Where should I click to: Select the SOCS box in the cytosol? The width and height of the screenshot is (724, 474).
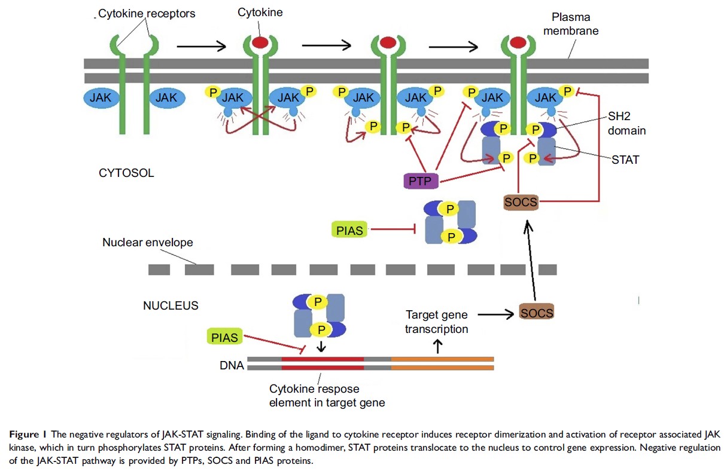pos(521,203)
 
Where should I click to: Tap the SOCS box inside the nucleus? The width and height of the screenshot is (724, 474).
pos(536,312)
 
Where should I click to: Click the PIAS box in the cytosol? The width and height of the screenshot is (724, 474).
pos(350,230)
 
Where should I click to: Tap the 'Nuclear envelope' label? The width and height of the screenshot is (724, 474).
pos(148,243)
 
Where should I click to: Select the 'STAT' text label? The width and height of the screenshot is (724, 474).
pos(625,160)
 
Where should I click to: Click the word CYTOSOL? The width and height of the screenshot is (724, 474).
pos(126,173)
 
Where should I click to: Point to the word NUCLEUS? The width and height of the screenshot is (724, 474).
pos(171,305)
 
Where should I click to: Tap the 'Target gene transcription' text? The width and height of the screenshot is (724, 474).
pos(436,322)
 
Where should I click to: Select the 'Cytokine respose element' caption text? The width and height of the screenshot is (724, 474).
pos(327,395)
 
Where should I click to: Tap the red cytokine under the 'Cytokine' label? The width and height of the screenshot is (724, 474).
pos(259,42)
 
